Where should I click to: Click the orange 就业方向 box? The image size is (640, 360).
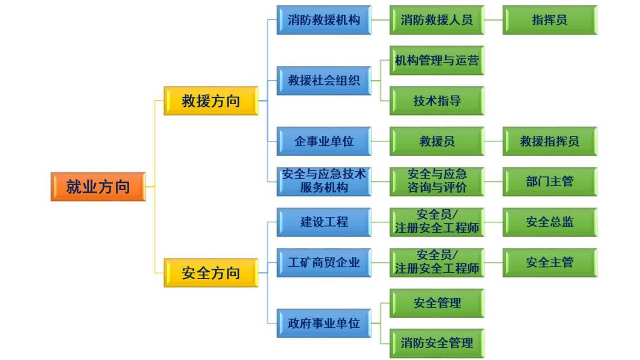(x=98, y=187)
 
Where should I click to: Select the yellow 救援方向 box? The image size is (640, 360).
(x=211, y=100)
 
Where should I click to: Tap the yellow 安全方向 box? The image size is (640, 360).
(x=211, y=273)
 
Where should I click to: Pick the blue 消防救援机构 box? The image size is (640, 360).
(x=324, y=20)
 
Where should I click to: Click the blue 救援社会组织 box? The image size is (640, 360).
(x=324, y=80)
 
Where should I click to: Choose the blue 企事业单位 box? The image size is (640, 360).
(x=324, y=141)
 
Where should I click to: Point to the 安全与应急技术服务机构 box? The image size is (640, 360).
(x=324, y=181)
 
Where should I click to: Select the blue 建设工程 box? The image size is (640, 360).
(x=324, y=222)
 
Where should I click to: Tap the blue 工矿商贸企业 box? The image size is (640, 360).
(x=324, y=263)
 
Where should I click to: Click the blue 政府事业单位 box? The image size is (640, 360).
(x=324, y=323)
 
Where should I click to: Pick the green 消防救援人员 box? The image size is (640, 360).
(x=436, y=20)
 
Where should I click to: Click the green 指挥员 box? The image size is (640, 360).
(x=549, y=20)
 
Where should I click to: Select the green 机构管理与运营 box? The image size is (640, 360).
(x=436, y=60)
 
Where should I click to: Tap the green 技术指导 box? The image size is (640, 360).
(x=436, y=100)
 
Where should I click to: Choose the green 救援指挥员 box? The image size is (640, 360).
(x=549, y=141)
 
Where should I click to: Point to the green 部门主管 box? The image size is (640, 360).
(x=549, y=181)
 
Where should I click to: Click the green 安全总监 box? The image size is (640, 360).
(x=549, y=222)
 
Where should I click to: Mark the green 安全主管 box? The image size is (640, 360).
(x=549, y=263)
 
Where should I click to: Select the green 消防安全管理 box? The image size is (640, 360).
(x=436, y=342)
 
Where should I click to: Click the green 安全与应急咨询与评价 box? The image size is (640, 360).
(x=436, y=181)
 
